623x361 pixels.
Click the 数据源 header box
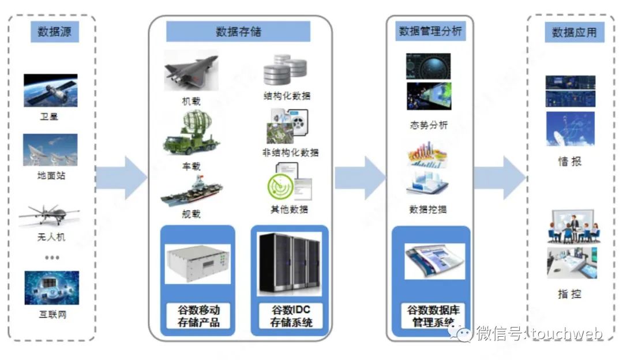[x=54, y=32]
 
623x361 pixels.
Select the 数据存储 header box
[x=238, y=31]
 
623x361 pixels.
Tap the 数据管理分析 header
[x=430, y=31]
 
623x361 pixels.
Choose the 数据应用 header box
[x=574, y=32]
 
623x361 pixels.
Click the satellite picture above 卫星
[x=51, y=90]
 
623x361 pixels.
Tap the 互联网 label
[x=52, y=315]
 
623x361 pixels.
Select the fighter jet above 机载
[x=190, y=72]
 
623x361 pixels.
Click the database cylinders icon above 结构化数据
[x=285, y=70]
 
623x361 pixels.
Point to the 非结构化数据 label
[x=290, y=153]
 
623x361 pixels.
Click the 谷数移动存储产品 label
[x=198, y=316]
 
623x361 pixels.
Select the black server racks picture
[x=290, y=264]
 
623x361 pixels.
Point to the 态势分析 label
[x=427, y=125]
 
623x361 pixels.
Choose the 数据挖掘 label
[x=427, y=209]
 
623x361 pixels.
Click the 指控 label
[x=570, y=294]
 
